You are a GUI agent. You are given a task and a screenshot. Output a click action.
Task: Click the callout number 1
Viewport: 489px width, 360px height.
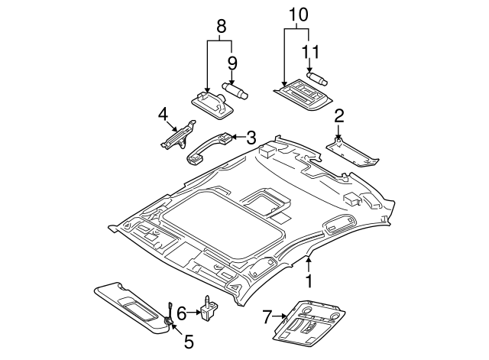309,281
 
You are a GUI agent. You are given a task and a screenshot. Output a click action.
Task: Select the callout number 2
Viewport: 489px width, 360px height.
339,116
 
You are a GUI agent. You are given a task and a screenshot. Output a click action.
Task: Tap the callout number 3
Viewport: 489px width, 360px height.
250,138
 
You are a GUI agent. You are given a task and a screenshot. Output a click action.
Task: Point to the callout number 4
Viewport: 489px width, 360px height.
162,115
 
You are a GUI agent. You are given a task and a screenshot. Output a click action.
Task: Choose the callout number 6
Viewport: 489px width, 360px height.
181,312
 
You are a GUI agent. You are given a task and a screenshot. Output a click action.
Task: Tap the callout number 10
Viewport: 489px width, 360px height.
296,15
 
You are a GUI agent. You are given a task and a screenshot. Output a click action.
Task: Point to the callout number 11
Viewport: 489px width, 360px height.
309,52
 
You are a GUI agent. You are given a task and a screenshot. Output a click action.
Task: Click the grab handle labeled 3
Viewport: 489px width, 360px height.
210,147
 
